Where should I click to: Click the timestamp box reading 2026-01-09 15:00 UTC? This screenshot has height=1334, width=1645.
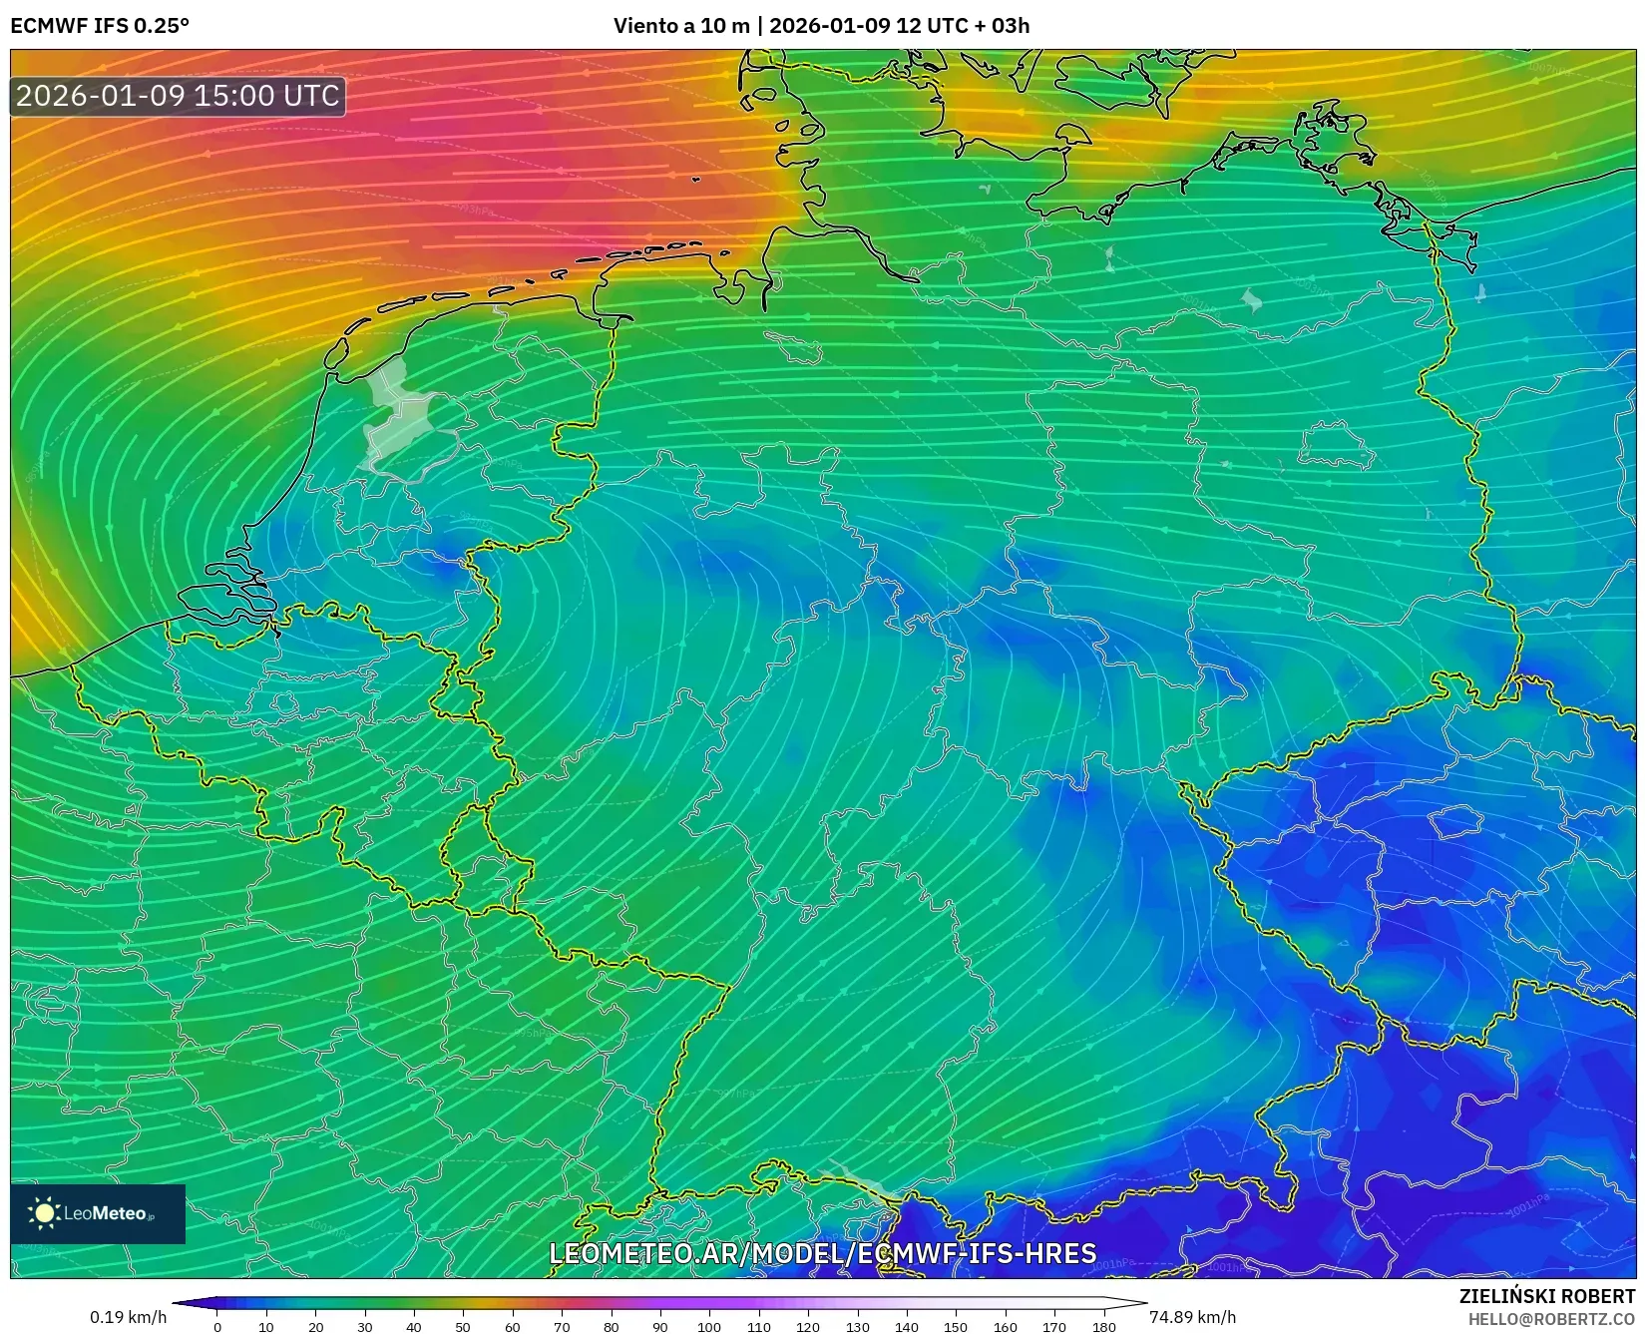click(178, 96)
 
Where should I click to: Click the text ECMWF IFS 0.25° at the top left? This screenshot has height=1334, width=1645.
click(100, 26)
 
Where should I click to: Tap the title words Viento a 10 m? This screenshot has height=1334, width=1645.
click(680, 26)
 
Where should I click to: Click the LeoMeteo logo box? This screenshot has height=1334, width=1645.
click(98, 1213)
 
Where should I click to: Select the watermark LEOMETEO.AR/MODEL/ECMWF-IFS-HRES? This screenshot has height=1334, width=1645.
click(823, 1253)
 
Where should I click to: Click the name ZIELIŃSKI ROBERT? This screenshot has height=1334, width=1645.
click(1547, 1297)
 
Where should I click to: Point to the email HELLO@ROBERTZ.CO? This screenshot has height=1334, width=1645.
click(1551, 1318)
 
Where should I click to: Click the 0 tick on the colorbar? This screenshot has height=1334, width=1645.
click(217, 1327)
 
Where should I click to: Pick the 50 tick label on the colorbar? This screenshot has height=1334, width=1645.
click(463, 1327)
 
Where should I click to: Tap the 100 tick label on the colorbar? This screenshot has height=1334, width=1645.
click(708, 1327)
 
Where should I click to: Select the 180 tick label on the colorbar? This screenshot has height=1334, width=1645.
click(1103, 1327)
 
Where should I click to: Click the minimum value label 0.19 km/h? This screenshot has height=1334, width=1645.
click(129, 1317)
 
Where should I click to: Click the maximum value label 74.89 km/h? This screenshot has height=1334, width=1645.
click(1192, 1317)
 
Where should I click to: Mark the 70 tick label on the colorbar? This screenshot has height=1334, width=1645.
click(562, 1327)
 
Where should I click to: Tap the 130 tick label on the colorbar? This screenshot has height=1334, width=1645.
click(857, 1327)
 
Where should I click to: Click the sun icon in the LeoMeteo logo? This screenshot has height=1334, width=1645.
click(44, 1213)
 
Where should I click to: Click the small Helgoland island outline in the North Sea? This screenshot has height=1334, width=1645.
click(696, 180)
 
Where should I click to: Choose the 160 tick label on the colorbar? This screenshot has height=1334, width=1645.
click(1005, 1327)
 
